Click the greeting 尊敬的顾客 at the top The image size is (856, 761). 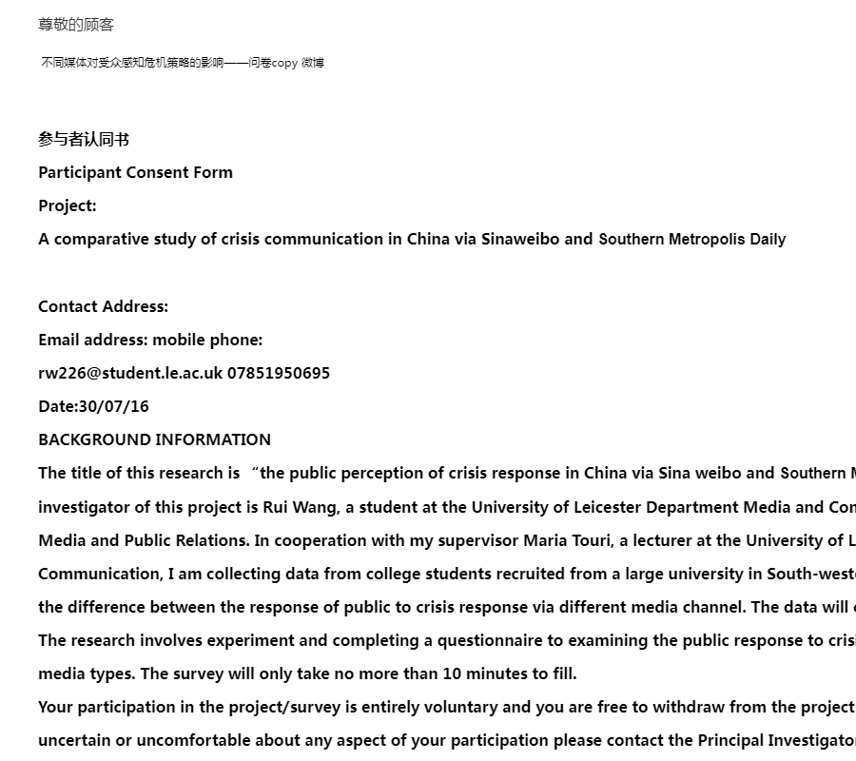pyautogui.click(x=76, y=25)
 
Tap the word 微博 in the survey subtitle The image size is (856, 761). pyautogui.click(x=313, y=63)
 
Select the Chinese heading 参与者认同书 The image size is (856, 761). pyautogui.click(x=84, y=140)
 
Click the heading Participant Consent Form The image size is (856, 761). pyautogui.click(x=135, y=172)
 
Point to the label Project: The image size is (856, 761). pyautogui.click(x=68, y=205)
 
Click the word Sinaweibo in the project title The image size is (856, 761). pyautogui.click(x=520, y=239)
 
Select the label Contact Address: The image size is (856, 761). pyautogui.click(x=103, y=306)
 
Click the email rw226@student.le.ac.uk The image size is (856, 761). pyautogui.click(x=130, y=373)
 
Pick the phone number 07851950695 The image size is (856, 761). pyautogui.click(x=279, y=373)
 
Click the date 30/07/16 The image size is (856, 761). pyautogui.click(x=114, y=406)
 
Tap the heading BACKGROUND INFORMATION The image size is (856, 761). pyautogui.click(x=154, y=439)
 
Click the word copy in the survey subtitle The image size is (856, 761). pyautogui.click(x=284, y=63)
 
